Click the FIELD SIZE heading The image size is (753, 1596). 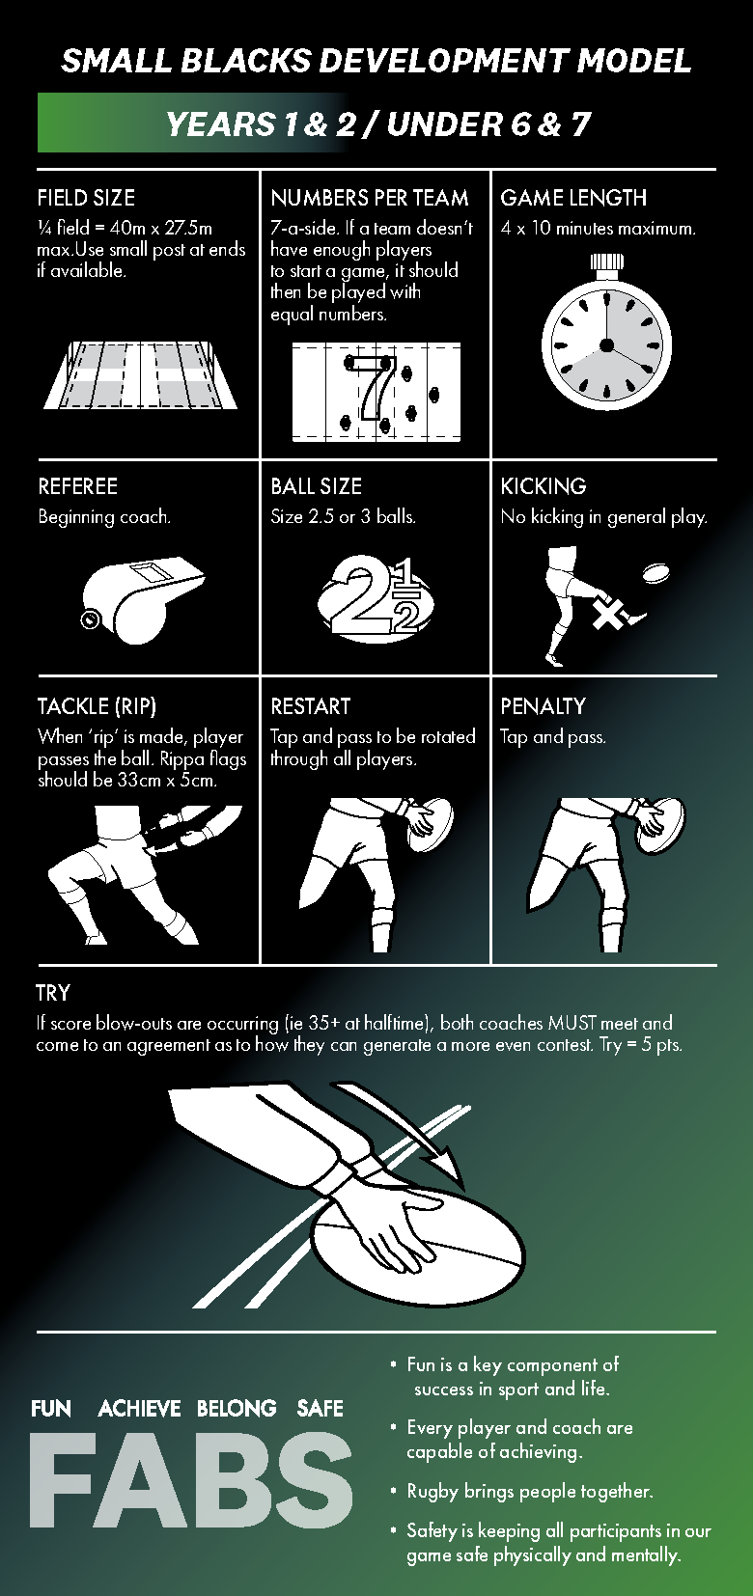(86, 198)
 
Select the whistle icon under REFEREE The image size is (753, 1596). (143, 600)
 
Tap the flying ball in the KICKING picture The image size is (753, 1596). (656, 573)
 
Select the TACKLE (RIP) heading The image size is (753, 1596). (97, 706)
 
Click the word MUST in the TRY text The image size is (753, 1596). (572, 1023)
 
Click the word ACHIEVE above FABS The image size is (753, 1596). (139, 1409)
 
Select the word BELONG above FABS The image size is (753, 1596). (237, 1409)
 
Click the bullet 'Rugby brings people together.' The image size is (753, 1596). (529, 1491)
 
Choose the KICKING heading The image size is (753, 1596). (544, 486)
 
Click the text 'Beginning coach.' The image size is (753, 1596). (104, 517)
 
